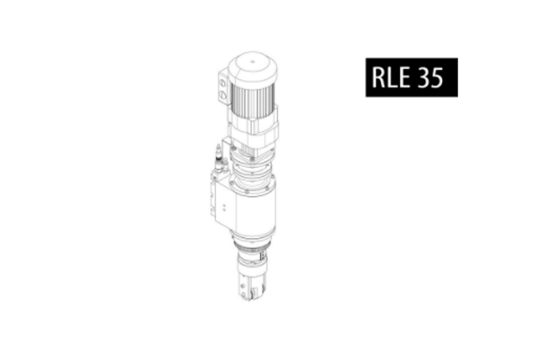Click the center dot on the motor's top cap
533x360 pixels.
(253, 62)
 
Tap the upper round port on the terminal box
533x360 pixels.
(222, 83)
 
